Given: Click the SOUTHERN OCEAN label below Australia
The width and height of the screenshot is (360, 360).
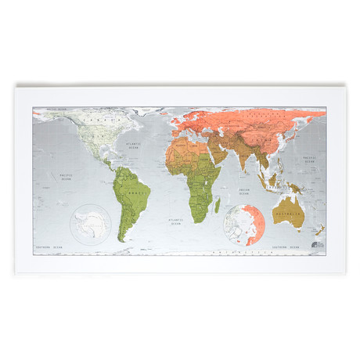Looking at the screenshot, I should [x=283, y=248].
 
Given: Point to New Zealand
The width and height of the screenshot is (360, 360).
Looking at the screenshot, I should [x=319, y=230].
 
